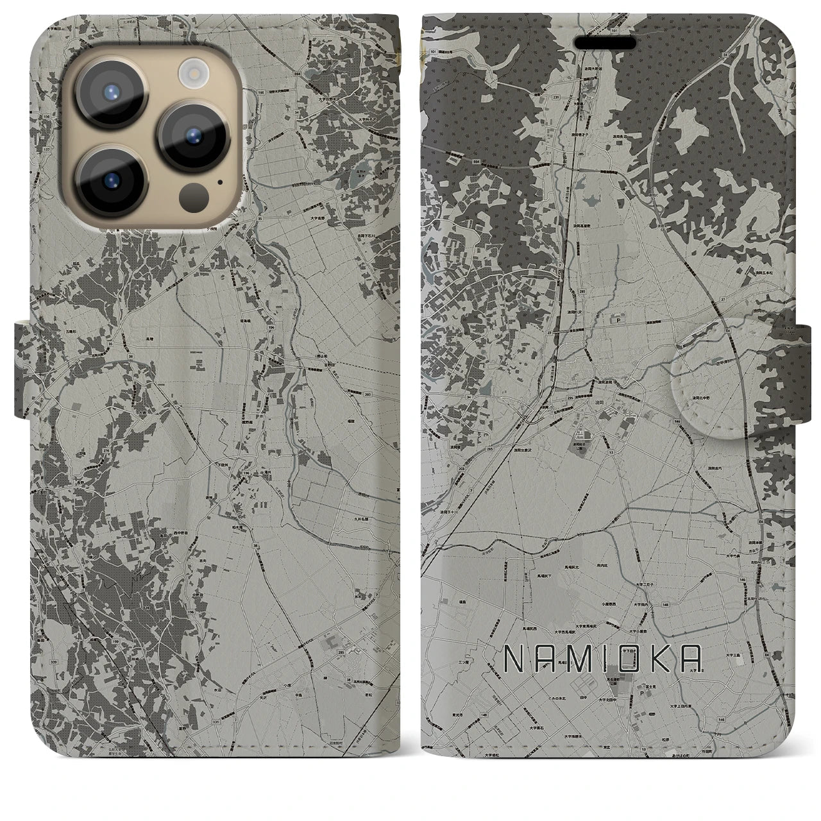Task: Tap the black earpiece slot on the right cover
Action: [x=605, y=42]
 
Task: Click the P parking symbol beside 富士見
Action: [x=641, y=693]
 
